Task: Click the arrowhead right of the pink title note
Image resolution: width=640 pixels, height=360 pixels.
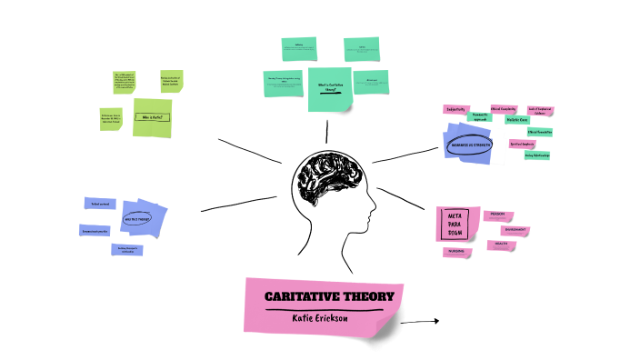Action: tap(435, 321)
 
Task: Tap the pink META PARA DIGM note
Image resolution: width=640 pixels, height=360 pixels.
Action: tap(456, 224)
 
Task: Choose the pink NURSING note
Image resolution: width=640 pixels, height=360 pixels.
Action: tap(456, 252)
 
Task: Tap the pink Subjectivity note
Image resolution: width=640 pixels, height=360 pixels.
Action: tap(455, 110)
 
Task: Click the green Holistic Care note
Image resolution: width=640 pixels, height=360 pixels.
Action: tap(519, 120)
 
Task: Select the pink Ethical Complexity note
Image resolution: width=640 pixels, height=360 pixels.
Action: tap(504, 109)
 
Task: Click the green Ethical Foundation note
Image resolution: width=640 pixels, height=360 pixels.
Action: tap(540, 132)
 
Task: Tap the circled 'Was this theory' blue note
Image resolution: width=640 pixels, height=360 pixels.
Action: tap(145, 219)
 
